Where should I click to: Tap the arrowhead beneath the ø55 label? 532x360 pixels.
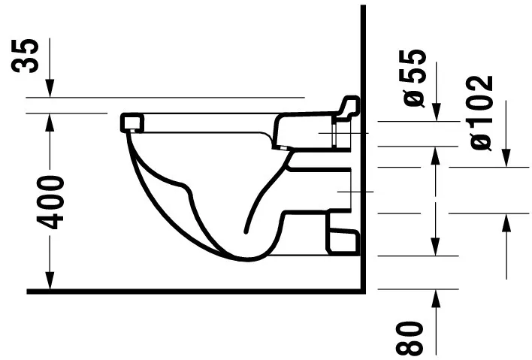click(x=435, y=113)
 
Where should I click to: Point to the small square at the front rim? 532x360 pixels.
click(x=132, y=122)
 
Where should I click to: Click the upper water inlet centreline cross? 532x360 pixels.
click(x=331, y=133)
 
